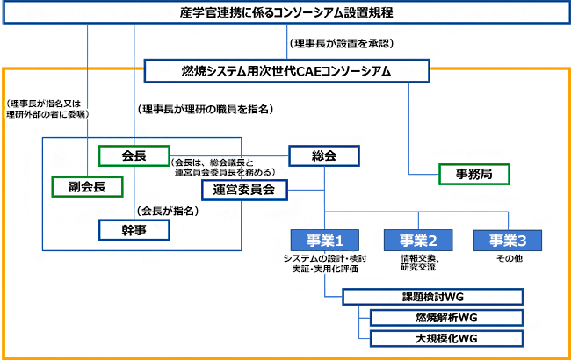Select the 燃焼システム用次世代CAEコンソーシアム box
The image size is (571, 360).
point(286,70)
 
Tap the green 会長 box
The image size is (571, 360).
point(134,155)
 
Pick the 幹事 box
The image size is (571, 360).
point(134,230)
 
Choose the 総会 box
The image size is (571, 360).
point(324,155)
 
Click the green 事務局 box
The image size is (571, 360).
point(474,174)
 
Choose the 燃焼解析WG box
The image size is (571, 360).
point(446,317)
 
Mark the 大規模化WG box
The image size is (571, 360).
point(446,338)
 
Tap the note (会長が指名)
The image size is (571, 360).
point(166,211)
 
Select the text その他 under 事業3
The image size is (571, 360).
point(510,259)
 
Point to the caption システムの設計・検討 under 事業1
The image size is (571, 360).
point(325,258)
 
